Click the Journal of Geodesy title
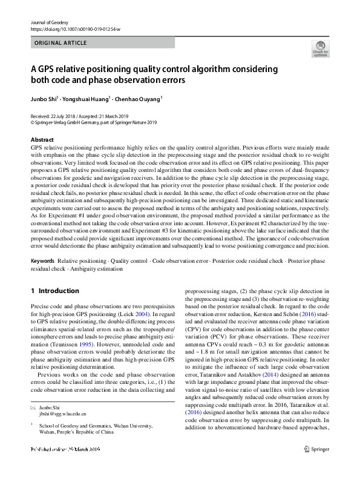tap(49, 22)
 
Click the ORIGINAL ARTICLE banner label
tap(61, 43)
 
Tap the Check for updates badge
tap(320, 49)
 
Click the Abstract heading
tap(42, 139)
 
